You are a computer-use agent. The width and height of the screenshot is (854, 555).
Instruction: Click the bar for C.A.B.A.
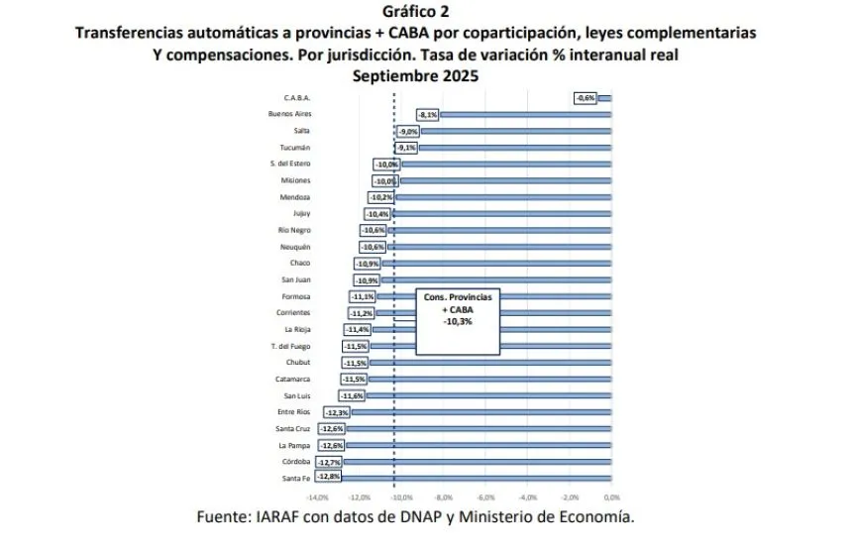pyautogui.click(x=605, y=98)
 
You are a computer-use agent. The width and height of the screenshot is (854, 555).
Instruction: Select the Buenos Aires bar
pyautogui.click(x=525, y=115)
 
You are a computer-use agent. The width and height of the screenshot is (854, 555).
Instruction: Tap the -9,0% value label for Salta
pyautogui.click(x=407, y=131)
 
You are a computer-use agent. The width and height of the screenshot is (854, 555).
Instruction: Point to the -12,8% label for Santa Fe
pyautogui.click(x=330, y=478)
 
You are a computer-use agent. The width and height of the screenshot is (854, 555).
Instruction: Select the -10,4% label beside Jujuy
pyautogui.click(x=377, y=214)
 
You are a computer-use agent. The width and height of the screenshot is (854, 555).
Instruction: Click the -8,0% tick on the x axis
pyautogui.click(x=444, y=497)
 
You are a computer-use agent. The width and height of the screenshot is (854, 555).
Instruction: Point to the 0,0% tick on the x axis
pyautogui.click(x=611, y=497)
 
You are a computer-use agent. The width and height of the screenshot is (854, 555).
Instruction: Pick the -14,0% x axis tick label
pyautogui.click(x=318, y=497)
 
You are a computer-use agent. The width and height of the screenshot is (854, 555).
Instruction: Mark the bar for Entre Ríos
pyautogui.click(x=480, y=412)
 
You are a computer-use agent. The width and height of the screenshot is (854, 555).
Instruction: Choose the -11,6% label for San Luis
pyautogui.click(x=352, y=395)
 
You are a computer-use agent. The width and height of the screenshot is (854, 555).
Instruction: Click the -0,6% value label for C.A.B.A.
pyautogui.click(x=586, y=98)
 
